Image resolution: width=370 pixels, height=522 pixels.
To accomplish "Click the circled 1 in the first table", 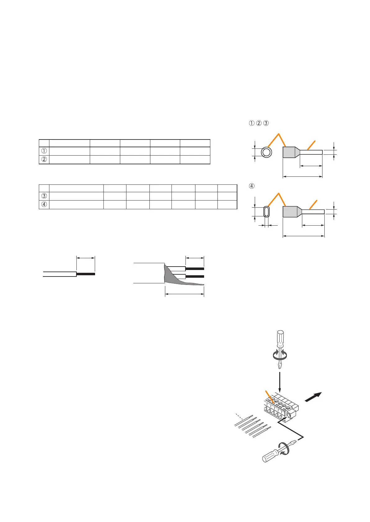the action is (44, 151).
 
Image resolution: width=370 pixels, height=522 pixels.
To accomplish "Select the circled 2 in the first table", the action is (44, 159).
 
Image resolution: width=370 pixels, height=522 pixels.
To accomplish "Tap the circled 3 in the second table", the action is (44, 196).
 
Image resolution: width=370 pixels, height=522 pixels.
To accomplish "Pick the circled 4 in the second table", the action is (44, 204).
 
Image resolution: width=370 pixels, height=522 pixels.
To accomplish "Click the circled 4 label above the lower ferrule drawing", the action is (252, 186).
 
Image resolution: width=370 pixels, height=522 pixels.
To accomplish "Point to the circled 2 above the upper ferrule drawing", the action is (259, 123).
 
